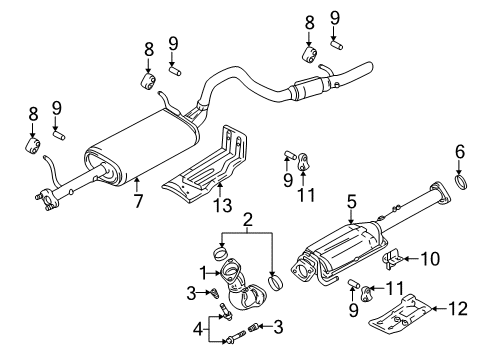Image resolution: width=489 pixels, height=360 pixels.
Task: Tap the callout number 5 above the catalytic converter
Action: click(x=351, y=204)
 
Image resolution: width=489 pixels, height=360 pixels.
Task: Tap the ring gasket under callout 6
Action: click(x=462, y=184)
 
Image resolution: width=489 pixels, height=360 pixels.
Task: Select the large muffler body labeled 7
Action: click(x=139, y=150)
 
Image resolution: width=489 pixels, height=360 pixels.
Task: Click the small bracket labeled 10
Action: click(x=394, y=261)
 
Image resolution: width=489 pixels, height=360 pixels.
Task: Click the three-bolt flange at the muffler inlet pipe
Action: click(x=45, y=202)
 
